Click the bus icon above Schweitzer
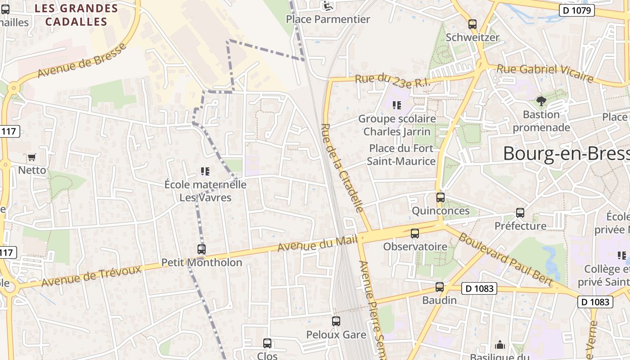click(472, 24)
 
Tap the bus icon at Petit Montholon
click(202, 249)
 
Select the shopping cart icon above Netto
click(31, 157)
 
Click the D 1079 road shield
click(577, 10)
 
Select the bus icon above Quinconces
click(440, 198)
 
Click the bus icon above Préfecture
click(520, 213)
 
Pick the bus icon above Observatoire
click(415, 234)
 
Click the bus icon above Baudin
click(440, 287)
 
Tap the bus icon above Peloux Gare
click(336, 321)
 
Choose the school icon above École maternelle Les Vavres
click(205, 171)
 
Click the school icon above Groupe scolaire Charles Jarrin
click(396, 105)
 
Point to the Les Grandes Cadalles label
click(76, 15)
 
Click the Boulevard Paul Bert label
click(505, 258)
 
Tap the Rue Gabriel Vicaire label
click(544, 72)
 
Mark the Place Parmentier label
click(328, 19)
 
